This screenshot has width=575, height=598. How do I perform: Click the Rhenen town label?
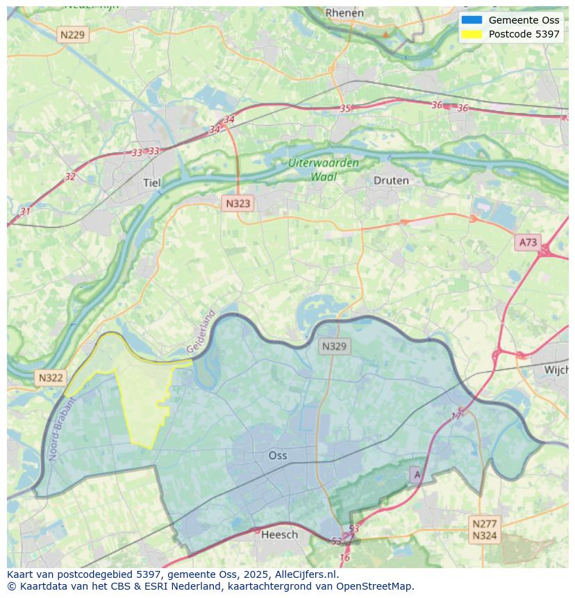[344, 13]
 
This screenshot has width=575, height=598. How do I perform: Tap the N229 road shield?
[73, 35]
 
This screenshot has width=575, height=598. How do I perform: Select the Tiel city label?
[151, 183]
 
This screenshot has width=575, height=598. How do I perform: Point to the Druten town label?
[391, 181]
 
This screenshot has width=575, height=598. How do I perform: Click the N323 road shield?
[237, 204]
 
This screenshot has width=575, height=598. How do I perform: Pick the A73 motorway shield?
[528, 242]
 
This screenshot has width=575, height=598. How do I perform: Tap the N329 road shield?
[334, 346]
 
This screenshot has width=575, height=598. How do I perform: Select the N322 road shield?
[50, 378]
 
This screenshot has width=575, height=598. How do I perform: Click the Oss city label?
[278, 456]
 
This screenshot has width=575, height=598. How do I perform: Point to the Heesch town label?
[279, 534]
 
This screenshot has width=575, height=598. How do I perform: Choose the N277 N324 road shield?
[484, 529]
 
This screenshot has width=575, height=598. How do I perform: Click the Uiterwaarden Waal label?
[324, 169]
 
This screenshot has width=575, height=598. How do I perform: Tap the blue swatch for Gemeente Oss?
[471, 20]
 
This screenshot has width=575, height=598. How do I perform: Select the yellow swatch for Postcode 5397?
[471, 34]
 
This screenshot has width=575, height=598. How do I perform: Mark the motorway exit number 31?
[26, 211]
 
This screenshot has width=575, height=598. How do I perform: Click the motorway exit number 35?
[345, 108]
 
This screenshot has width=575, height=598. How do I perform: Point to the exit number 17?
[456, 416]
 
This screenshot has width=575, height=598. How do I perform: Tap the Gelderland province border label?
[201, 332]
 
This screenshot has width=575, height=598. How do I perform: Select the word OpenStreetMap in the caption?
[374, 586]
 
